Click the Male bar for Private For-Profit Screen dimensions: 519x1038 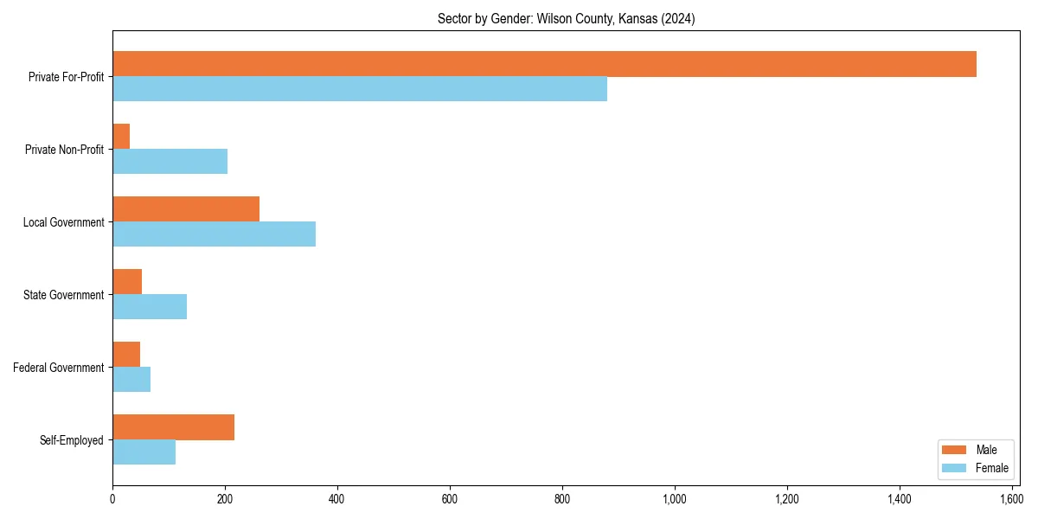[544, 64]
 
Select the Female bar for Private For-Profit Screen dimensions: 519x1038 [360, 89]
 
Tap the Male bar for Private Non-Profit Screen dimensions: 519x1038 [121, 137]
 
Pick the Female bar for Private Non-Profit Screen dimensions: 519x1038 [170, 162]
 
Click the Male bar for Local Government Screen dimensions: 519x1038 [186, 209]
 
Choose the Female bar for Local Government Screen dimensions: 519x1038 [214, 234]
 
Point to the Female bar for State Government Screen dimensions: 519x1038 [150, 307]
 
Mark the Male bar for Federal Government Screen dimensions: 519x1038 [126, 355]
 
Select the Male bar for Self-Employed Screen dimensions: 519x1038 [173, 427]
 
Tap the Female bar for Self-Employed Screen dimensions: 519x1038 [144, 452]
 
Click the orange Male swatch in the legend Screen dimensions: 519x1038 [953, 450]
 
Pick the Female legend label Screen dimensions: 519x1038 [992, 469]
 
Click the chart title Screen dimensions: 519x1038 [566, 18]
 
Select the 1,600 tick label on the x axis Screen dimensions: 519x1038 [1012, 499]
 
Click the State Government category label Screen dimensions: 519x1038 [64, 295]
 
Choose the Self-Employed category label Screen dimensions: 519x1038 [72, 440]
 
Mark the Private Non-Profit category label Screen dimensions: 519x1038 [66, 150]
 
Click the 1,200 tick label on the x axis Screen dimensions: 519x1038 [787, 499]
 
